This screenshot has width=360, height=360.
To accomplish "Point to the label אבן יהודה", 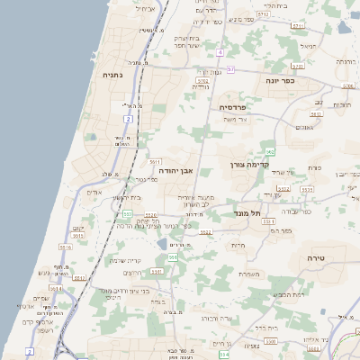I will pos(176,169).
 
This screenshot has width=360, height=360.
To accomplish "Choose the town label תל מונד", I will pos(256,212).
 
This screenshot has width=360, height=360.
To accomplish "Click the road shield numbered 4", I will pos(220,52).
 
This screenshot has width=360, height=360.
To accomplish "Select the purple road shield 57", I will pos(230,68).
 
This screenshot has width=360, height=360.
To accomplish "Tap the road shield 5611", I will pos(155,161).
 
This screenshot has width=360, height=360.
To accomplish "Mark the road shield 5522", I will pos(205,231).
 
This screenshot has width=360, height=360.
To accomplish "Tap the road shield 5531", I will pos(156,271).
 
